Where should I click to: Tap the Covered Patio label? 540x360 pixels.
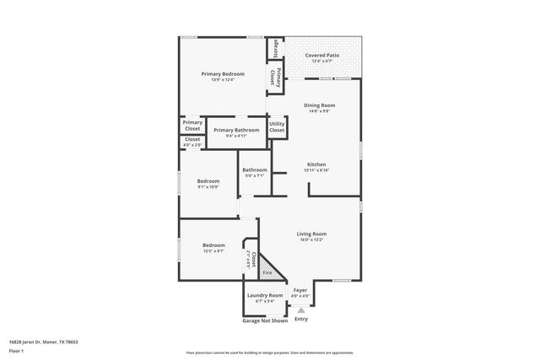[323, 56]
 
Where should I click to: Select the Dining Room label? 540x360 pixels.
[320, 105]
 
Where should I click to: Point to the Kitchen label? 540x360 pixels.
[316, 164]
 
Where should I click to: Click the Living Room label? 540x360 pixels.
[311, 234]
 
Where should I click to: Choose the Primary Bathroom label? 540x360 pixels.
[236, 131]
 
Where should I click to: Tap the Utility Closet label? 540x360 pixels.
[277, 127]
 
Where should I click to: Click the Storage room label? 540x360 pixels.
[275, 49]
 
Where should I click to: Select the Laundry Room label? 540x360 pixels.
[265, 296]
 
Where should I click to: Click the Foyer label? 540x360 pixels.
[300, 290]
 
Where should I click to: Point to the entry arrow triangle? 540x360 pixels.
[300, 310]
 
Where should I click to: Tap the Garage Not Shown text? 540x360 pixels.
[265, 320]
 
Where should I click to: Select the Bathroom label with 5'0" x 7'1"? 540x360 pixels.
[254, 170]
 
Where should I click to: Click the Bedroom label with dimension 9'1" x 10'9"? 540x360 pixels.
[208, 181]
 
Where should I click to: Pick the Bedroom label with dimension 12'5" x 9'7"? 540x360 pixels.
[213, 245]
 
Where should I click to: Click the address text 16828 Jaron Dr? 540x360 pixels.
[42, 341]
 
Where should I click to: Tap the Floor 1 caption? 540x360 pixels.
[15, 350]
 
